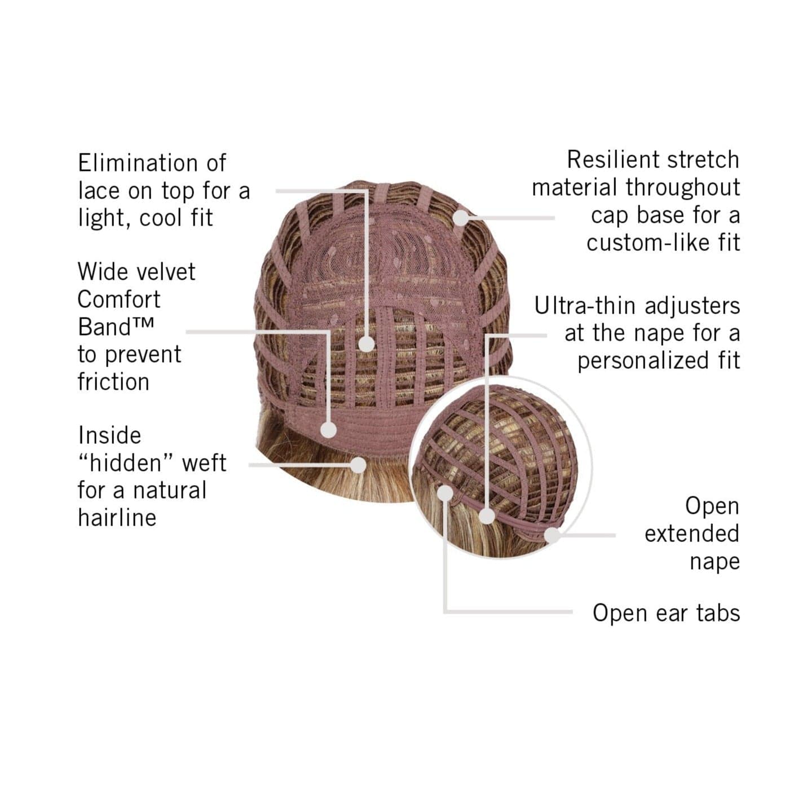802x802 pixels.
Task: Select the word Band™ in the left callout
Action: (x=116, y=327)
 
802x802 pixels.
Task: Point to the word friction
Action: (x=113, y=382)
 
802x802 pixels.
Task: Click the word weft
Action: (x=204, y=463)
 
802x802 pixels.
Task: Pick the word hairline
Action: (x=117, y=518)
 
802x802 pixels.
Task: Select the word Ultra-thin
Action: (x=586, y=306)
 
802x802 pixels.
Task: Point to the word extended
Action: (x=692, y=534)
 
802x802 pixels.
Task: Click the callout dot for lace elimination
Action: (x=366, y=344)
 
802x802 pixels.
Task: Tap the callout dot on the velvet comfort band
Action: (x=328, y=429)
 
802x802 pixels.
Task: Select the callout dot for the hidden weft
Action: (x=358, y=465)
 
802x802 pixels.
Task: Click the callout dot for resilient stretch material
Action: (x=461, y=218)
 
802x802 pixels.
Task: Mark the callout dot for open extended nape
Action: (x=553, y=535)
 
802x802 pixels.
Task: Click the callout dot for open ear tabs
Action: (x=446, y=493)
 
